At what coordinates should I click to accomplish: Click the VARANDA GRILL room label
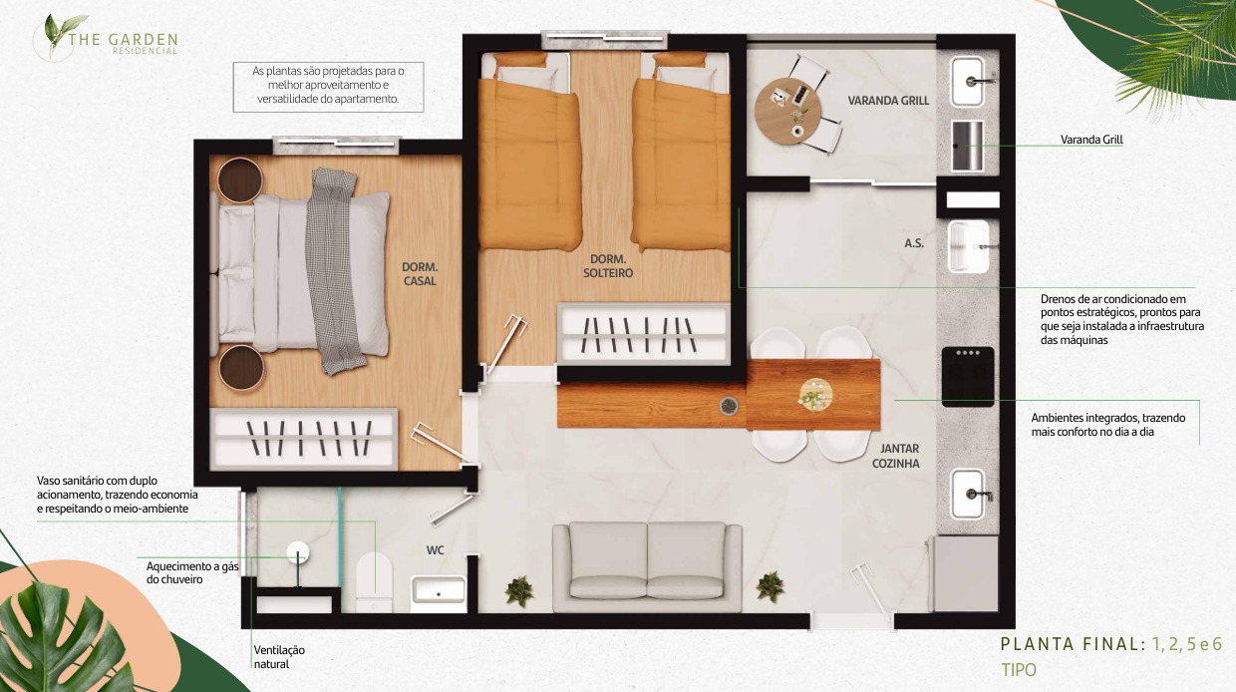point(888,101)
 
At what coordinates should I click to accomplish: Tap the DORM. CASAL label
point(420,274)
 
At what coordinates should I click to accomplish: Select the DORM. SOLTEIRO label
point(608,265)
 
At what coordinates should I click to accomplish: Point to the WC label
point(435,550)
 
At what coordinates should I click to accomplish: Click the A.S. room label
point(914,243)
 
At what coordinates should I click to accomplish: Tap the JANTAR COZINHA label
point(895,456)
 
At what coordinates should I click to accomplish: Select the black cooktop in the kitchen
point(968,376)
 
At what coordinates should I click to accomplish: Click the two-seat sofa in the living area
point(647,567)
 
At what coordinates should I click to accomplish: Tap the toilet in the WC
point(374,582)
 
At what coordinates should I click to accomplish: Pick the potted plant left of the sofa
point(518,591)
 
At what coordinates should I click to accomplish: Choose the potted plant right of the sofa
point(770,586)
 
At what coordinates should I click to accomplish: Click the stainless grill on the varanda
point(967,146)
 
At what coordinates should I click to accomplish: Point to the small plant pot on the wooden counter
point(729,406)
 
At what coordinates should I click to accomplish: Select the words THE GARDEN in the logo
point(123,40)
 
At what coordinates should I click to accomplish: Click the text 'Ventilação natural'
point(279,657)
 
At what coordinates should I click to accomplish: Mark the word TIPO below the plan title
point(1019,670)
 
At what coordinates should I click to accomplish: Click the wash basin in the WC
point(439,592)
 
